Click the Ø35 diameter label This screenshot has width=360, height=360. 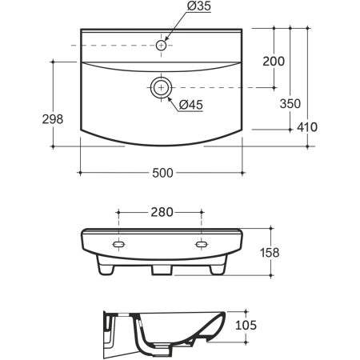[199, 6]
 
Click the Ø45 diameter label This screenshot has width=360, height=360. [191, 105]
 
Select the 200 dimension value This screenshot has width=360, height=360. [274, 62]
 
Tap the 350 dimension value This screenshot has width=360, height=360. [290, 103]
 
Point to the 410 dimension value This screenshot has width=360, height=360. [307, 127]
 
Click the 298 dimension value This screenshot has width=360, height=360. [53, 119]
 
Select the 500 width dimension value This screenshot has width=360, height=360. [162, 173]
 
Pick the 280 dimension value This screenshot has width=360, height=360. [162, 212]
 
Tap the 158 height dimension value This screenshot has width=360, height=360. [270, 253]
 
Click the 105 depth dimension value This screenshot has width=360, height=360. [246, 325]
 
